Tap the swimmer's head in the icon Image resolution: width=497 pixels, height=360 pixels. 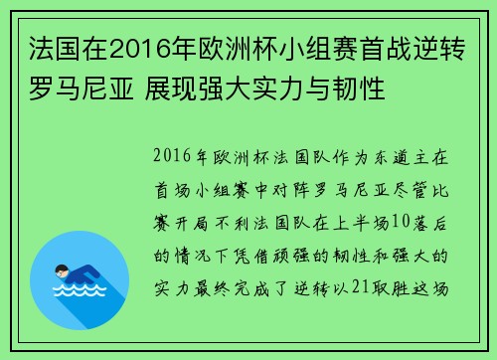coord(59,269)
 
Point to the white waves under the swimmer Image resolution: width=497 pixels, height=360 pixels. coord(81,290)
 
